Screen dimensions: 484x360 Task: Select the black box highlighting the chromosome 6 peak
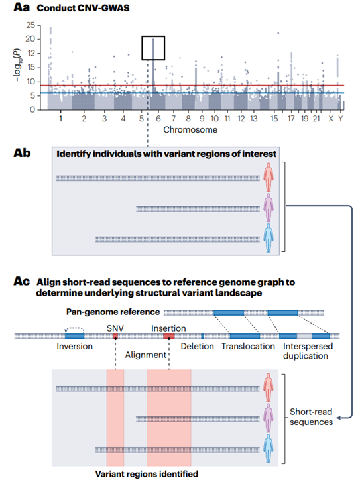tap(153, 48)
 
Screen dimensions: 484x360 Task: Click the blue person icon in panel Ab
tap(269, 238)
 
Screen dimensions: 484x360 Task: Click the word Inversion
tap(74, 347)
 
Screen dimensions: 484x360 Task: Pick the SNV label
tap(115, 328)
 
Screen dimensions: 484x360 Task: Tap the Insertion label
tap(168, 328)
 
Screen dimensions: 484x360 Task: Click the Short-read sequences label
tap(312, 416)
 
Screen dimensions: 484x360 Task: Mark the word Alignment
tap(147, 355)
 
